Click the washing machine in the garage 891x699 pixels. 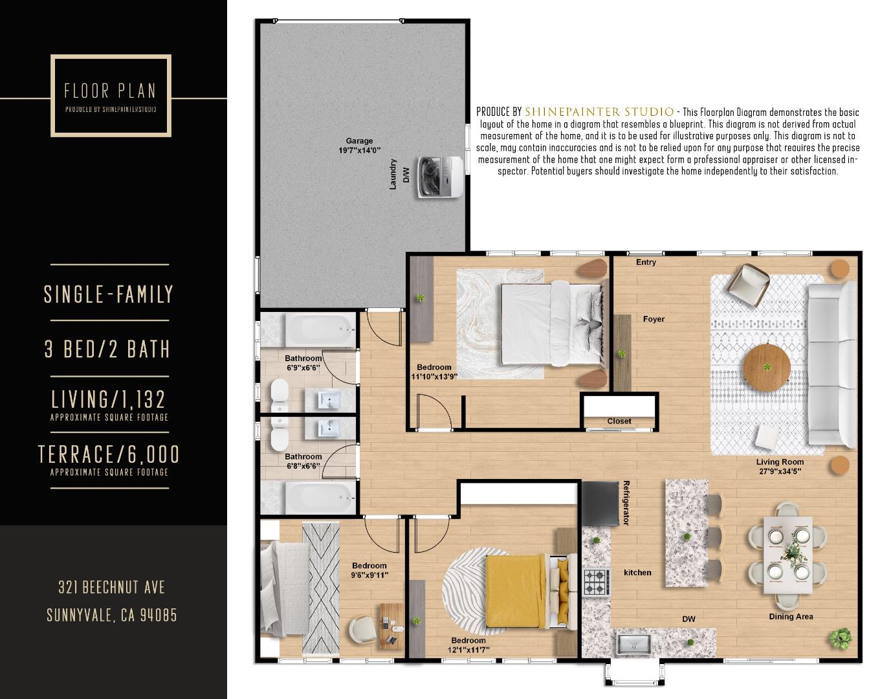tap(440, 177)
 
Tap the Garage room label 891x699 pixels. tap(359, 140)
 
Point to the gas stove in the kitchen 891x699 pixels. tap(596, 581)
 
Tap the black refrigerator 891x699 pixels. tap(600, 503)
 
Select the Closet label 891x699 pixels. tap(619, 421)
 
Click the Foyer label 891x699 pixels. tap(654, 318)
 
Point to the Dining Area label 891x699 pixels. tap(791, 616)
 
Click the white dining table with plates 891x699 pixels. tap(787, 555)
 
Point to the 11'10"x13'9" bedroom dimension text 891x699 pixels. tap(434, 376)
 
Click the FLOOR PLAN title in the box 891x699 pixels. tap(110, 91)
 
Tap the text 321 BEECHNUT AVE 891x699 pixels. tap(111, 587)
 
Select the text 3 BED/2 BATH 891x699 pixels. tap(107, 349)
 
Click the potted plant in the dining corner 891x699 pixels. tap(841, 638)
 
